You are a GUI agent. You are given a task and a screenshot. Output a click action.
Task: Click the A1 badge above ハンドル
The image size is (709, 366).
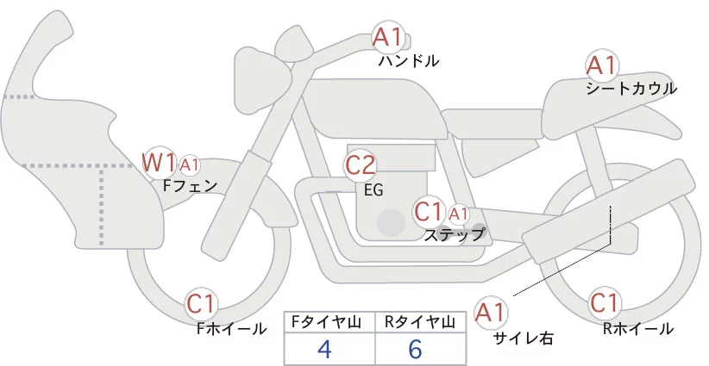pos(387,37)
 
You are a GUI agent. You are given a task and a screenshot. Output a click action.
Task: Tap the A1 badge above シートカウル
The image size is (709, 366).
pos(601,65)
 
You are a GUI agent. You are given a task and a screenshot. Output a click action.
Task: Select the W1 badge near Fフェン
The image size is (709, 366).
pos(160,161)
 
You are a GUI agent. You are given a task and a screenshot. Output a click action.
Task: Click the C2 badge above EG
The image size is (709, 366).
pos(360,164)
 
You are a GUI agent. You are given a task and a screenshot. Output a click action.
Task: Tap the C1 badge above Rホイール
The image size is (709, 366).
pos(605,304)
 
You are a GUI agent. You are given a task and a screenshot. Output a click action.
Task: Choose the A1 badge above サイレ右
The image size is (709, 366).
pos(493,311)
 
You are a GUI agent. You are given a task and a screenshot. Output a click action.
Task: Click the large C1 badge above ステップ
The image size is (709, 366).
pos(430,211)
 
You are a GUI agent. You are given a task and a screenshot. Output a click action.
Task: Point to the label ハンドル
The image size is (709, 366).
pos(409,61)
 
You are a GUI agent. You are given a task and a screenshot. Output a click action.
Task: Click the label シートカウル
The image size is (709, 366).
pos(631,89)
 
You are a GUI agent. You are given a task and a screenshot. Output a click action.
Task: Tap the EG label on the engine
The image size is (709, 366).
pos(373,189)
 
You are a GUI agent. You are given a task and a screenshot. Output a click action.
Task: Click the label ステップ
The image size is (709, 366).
pos(454,233)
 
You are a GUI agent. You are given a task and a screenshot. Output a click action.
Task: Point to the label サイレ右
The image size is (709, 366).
pos(523,338)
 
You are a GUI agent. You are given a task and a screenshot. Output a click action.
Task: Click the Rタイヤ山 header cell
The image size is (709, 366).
pos(422,322)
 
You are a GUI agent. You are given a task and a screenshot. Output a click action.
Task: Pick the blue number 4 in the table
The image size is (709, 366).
pos(324,349)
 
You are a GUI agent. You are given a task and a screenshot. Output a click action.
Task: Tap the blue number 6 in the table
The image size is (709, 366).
pos(415,349)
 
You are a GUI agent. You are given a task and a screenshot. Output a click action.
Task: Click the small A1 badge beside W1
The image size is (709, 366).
pos(190,164)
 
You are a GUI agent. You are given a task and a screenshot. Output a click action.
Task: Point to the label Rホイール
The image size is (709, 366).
pos(639,328)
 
